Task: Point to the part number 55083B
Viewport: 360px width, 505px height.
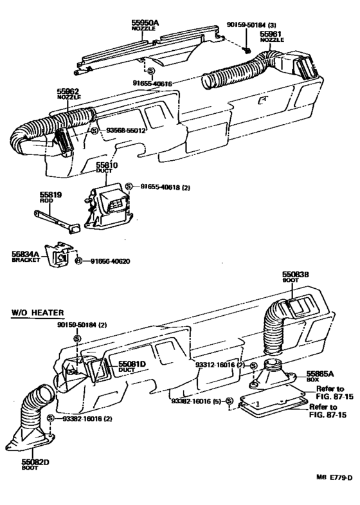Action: [296, 274]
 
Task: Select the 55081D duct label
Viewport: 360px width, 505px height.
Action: [130, 365]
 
